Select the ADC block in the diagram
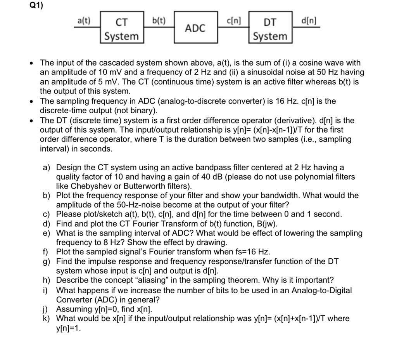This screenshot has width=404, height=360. pos(195,28)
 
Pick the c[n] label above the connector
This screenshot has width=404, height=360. pos(234,20)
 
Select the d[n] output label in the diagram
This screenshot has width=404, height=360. pos(309,20)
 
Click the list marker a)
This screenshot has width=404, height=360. pos(47,168)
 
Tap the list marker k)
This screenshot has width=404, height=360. pos(47,319)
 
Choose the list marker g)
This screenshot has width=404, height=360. pos(47,261)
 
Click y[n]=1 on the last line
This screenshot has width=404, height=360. pos(69,328)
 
